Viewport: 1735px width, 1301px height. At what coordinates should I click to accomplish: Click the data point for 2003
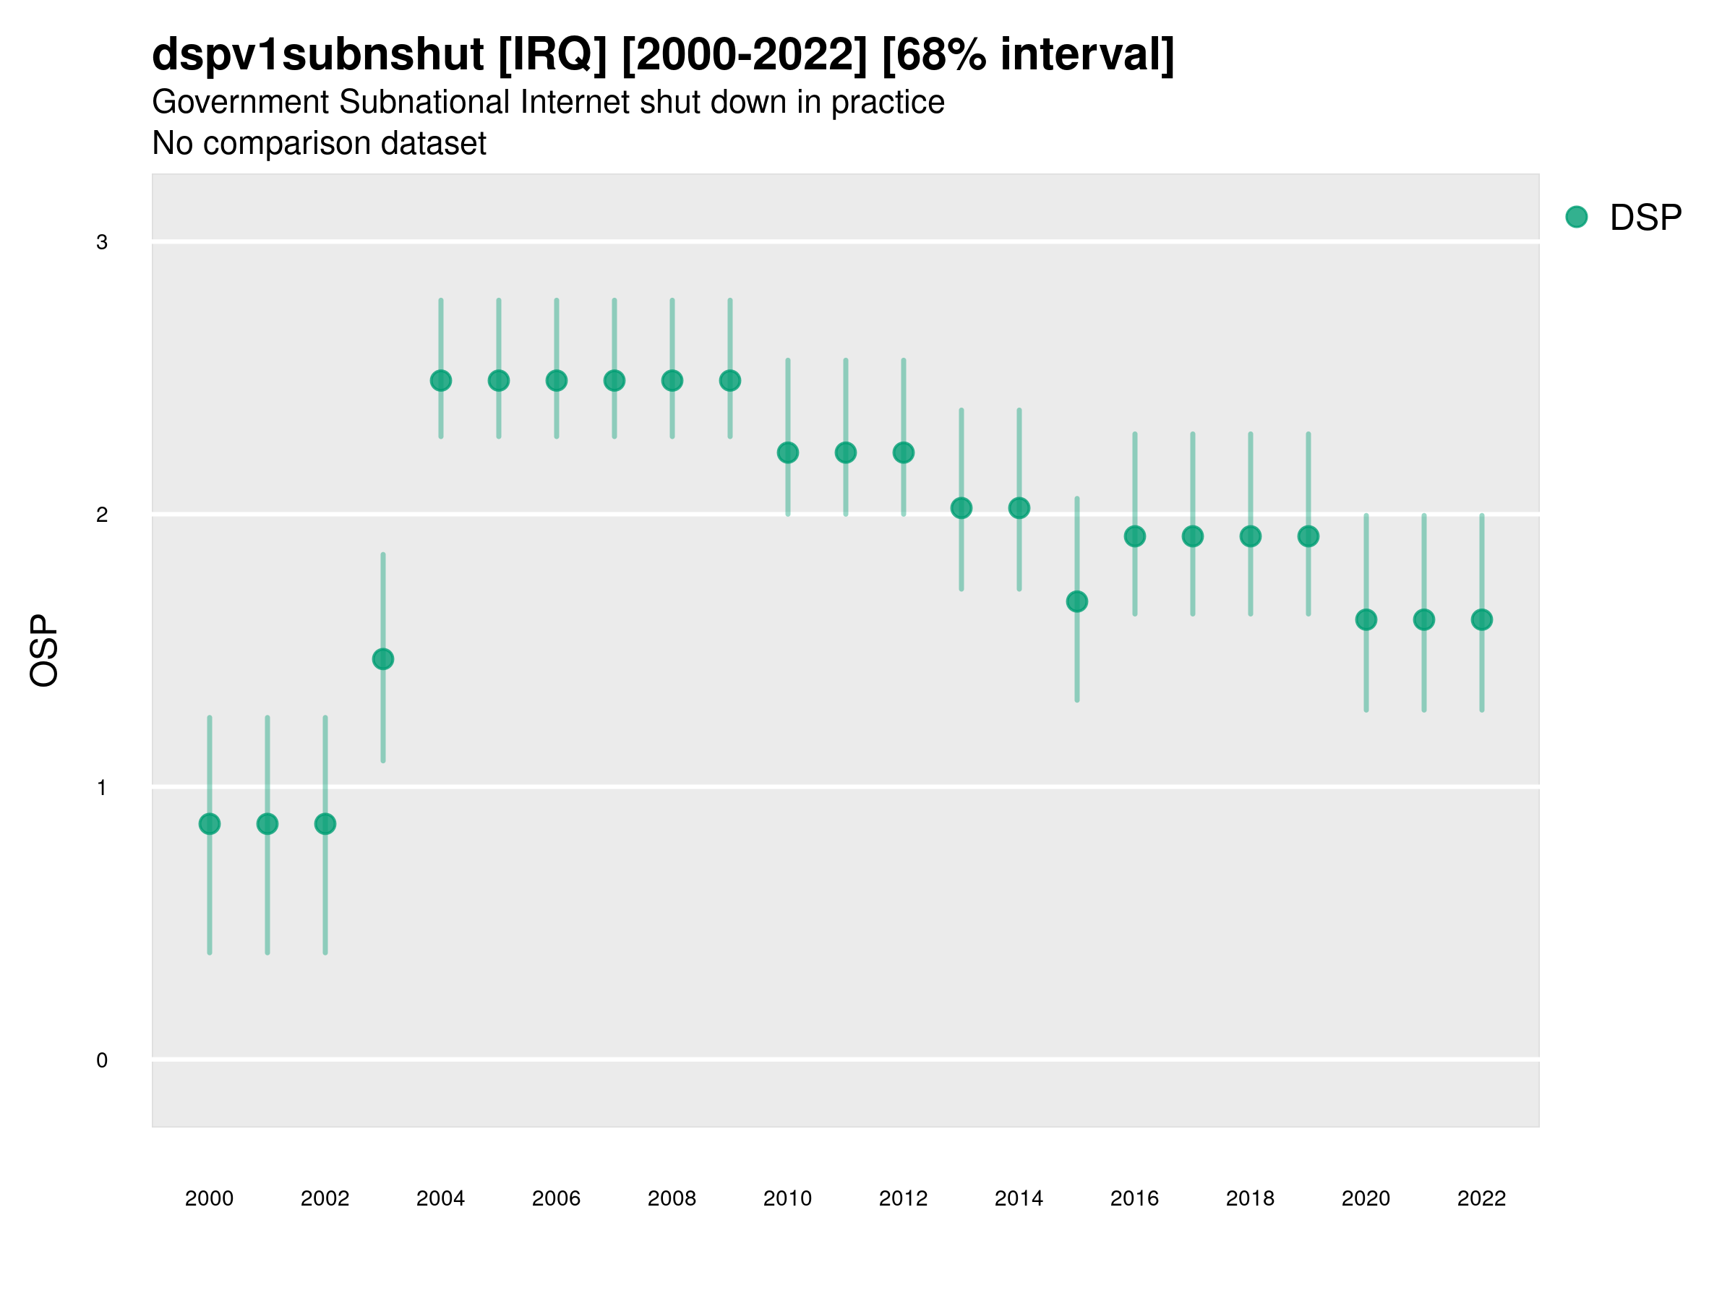(382, 658)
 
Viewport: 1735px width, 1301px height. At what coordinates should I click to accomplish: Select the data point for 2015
(1077, 601)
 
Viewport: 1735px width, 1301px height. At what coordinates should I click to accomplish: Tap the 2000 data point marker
(210, 823)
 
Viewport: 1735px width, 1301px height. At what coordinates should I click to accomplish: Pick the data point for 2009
(730, 380)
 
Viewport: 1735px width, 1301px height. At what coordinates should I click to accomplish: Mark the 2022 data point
(1482, 619)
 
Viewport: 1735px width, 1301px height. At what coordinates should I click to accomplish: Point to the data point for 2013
(961, 508)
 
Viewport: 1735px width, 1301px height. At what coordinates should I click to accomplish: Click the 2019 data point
(1308, 536)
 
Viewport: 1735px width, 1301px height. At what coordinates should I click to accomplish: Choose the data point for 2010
(788, 452)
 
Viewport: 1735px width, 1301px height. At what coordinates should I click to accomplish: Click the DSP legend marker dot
(1577, 218)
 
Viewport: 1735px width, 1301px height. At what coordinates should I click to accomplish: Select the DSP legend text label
(1645, 218)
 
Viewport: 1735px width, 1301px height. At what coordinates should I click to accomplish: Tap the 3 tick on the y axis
(102, 242)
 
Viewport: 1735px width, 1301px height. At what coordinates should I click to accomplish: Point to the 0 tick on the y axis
(102, 1060)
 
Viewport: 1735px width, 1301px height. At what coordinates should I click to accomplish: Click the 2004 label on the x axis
(441, 1198)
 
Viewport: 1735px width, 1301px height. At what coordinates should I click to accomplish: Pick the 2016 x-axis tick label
(1135, 1198)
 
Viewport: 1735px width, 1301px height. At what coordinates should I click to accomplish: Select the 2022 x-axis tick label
(1482, 1198)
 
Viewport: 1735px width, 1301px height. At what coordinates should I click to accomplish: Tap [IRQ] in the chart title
(553, 55)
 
